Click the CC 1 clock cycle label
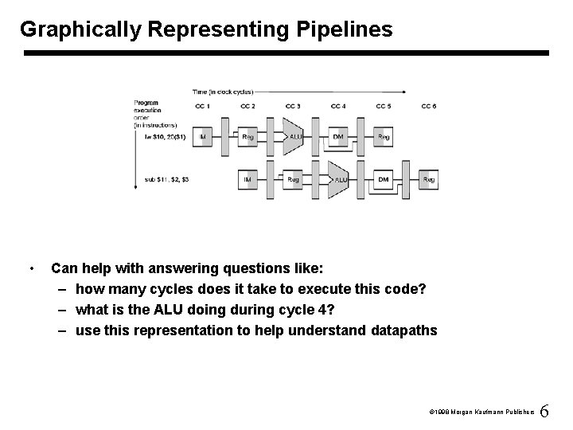tap(203, 106)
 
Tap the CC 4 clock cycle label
tap(338, 106)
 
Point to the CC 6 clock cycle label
tap(429, 106)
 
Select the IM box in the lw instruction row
tap(203, 137)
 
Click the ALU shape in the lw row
tap(294, 137)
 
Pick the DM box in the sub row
tap(384, 180)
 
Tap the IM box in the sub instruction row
tap(248, 180)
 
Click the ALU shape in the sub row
tap(339, 180)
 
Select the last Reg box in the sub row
tap(429, 180)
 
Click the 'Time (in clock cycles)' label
tap(222, 92)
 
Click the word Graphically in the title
tap(80, 30)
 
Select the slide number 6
tap(544, 412)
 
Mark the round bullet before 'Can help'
tap(30, 268)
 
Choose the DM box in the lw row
tap(339, 137)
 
